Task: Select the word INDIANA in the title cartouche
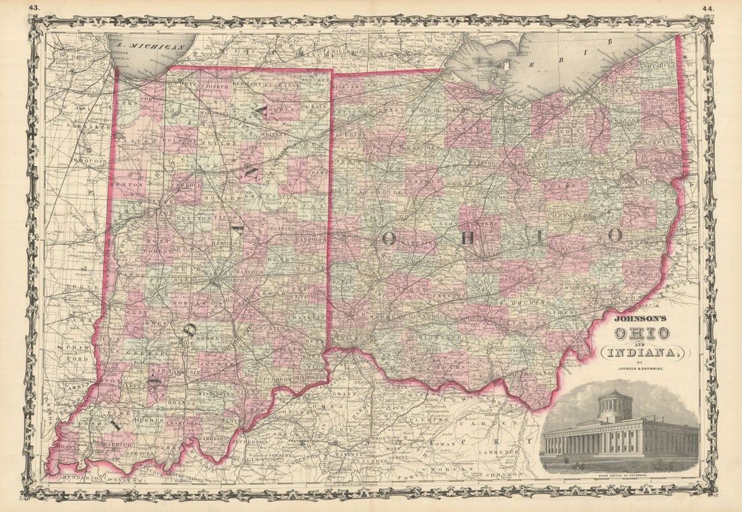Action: pos(645,352)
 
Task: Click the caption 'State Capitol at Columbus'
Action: pos(620,476)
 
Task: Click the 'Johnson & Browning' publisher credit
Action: pos(641,368)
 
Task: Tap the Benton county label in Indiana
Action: pos(127,183)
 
